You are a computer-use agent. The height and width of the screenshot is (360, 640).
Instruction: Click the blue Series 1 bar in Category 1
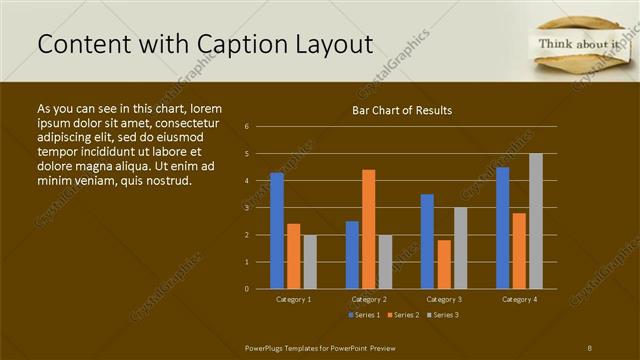click(277, 231)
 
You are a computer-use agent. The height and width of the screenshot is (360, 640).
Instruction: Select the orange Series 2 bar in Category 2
click(369, 229)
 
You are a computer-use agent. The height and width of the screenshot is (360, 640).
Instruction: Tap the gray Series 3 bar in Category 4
click(536, 221)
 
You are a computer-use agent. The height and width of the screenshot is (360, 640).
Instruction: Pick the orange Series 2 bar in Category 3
click(444, 264)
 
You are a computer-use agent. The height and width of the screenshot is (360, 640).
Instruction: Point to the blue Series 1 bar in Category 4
click(502, 228)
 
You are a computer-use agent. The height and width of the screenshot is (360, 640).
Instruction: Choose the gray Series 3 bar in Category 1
click(310, 262)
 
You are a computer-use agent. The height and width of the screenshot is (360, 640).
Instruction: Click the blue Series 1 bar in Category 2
click(352, 255)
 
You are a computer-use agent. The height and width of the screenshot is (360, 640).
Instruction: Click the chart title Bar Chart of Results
click(402, 111)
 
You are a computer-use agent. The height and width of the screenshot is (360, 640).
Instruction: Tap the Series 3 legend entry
click(442, 315)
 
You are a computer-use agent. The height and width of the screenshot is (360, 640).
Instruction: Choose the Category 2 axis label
click(369, 299)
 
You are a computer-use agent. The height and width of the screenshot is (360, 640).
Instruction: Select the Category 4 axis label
click(519, 299)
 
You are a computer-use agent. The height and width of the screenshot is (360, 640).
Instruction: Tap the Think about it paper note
click(580, 45)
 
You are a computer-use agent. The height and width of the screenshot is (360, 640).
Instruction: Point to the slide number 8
click(590, 346)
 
